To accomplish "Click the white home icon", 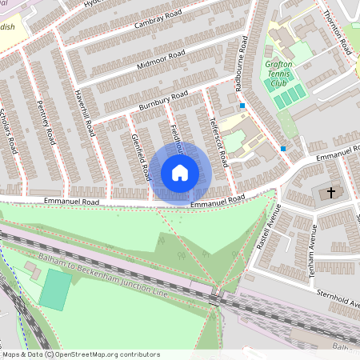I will pos(180,172).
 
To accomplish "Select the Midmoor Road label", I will pos(161,58).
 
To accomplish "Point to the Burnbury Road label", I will pos(162,100).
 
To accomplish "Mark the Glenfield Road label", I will pos(142,157).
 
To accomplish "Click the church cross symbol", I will pos(328,194).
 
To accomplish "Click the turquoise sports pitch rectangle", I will pos(54,290).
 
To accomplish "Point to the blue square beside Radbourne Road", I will pos(242,105).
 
